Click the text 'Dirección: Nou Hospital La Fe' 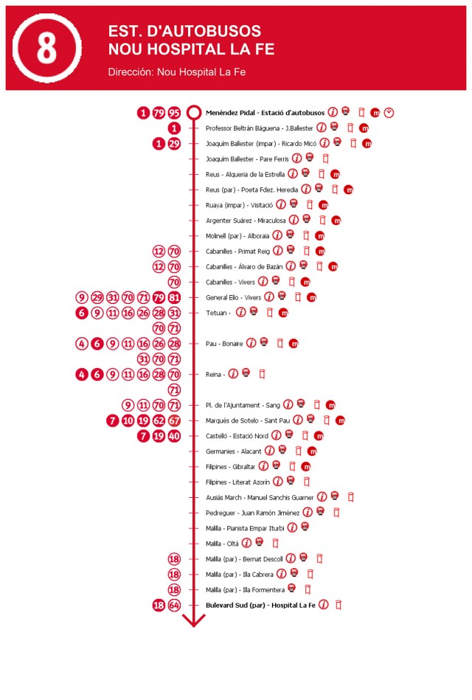[x=176, y=72]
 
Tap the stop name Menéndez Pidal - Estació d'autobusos [x=265, y=113]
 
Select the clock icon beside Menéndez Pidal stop [x=389, y=113]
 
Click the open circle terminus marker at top [x=193, y=113]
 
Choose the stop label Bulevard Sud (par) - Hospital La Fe [x=260, y=605]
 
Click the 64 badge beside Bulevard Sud [x=174, y=605]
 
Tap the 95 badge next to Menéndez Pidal [x=174, y=113]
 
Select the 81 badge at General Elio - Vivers [x=174, y=297]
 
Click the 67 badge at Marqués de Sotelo [x=174, y=420]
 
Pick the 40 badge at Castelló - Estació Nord [x=174, y=436]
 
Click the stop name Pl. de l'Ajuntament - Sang [x=243, y=405]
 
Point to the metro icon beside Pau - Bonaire [x=294, y=344]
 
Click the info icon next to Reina [x=233, y=374]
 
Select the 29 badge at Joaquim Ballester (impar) [x=174, y=144]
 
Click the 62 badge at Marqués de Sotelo [x=159, y=420]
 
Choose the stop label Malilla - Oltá [x=221, y=544]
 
